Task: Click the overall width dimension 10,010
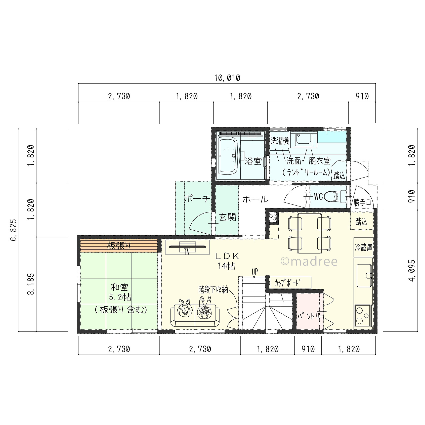(227, 78)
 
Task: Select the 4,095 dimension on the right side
(412, 271)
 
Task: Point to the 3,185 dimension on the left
(31, 284)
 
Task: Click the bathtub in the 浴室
(228, 156)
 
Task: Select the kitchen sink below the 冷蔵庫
(364, 275)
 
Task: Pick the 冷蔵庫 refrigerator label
(363, 247)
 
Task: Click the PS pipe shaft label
(273, 218)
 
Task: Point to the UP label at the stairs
(255, 272)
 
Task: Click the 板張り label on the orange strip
(119, 246)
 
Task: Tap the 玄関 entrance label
(228, 217)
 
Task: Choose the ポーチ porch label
(197, 199)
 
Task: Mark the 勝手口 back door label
(362, 202)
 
